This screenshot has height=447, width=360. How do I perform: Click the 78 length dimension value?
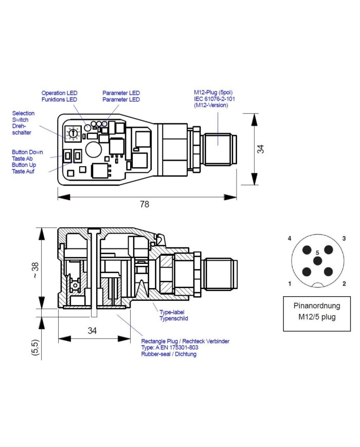(x=145, y=204)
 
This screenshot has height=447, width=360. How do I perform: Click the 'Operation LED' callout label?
(x=60, y=93)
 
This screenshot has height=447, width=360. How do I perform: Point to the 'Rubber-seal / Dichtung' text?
(x=169, y=354)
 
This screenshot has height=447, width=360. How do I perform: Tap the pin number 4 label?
(x=290, y=239)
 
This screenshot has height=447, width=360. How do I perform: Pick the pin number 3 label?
(x=344, y=239)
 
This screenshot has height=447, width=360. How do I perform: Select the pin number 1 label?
(x=290, y=284)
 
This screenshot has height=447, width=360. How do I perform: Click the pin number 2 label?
(x=344, y=284)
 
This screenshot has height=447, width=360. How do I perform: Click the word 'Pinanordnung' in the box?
(x=317, y=306)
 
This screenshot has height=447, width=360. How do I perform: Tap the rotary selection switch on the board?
(x=73, y=133)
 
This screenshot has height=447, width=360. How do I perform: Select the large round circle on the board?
(x=94, y=149)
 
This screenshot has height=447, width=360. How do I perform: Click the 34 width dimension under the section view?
(x=92, y=331)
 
